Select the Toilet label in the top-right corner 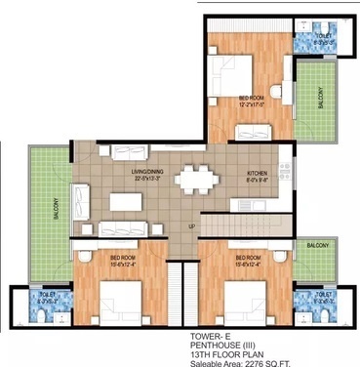pyautogui.click(x=324, y=35)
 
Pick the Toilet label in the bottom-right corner pyautogui.click(x=323, y=291)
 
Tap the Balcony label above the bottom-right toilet pyautogui.click(x=317, y=246)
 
